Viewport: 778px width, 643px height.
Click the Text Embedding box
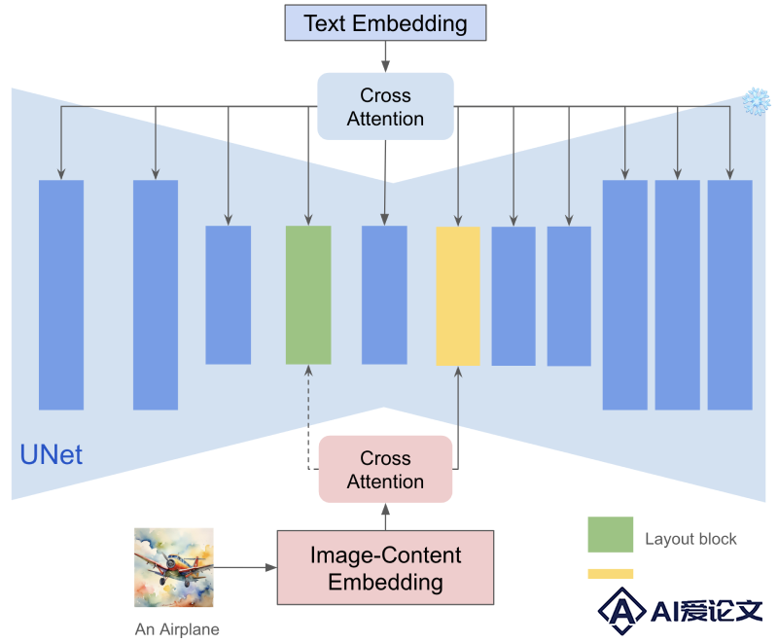coord(385,22)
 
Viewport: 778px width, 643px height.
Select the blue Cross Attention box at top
coord(385,107)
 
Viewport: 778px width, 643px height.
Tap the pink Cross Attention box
coord(385,469)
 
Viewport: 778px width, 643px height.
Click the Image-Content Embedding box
coord(385,567)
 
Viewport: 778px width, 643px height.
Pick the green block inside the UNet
coord(308,295)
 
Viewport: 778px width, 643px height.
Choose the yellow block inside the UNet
coord(458,296)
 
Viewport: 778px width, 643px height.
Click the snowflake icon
coord(757,102)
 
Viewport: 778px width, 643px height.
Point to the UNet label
coord(52,454)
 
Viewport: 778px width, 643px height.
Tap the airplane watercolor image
coord(174,567)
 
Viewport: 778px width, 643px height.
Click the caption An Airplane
coord(177,629)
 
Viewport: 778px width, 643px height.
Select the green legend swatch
coord(611,534)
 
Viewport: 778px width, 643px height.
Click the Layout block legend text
coord(690,539)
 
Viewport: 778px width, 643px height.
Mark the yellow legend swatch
coord(611,574)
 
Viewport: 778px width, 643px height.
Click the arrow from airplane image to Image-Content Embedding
coord(245,567)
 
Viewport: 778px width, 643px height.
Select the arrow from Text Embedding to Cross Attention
coord(385,57)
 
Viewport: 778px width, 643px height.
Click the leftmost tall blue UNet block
coord(61,295)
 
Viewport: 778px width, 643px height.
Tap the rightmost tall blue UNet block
coord(730,295)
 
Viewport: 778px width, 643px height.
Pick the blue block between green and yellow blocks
coord(384,295)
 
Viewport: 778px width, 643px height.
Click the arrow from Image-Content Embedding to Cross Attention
coord(385,517)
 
